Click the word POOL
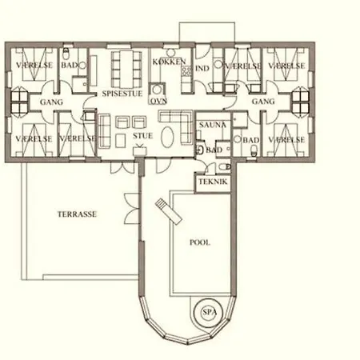click(x=200, y=241)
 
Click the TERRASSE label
click(x=78, y=215)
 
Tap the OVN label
click(x=158, y=102)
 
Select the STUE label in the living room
click(x=144, y=137)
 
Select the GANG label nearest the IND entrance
click(x=262, y=102)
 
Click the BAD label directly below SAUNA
click(x=214, y=150)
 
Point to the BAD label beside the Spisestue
click(x=70, y=65)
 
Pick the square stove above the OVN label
click(x=158, y=88)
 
